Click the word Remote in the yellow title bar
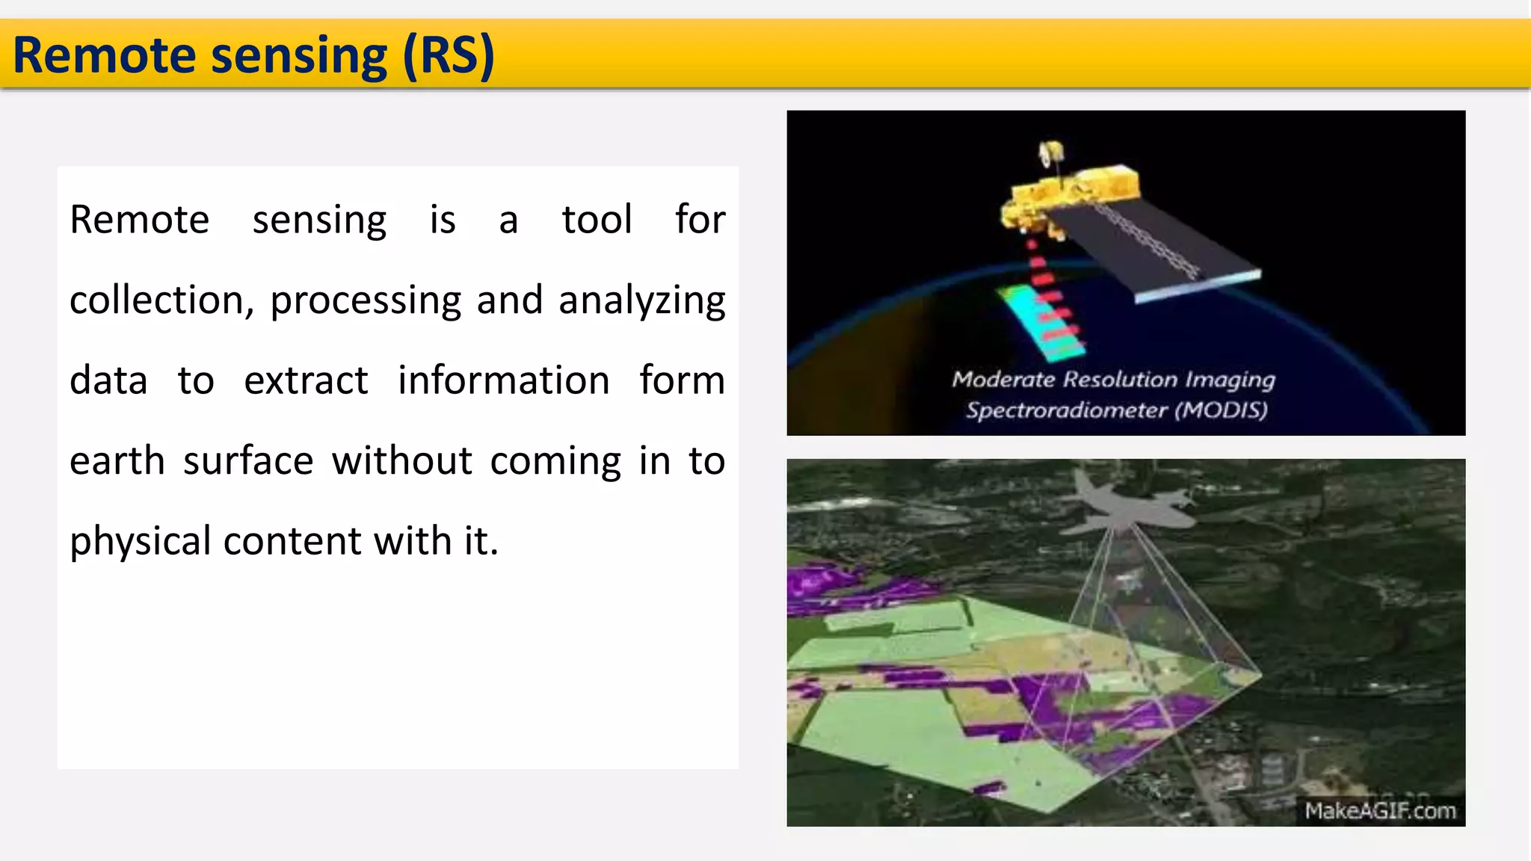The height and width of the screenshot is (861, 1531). (x=104, y=56)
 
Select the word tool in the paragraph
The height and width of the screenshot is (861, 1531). (x=597, y=220)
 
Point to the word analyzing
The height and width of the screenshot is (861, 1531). (x=641, y=300)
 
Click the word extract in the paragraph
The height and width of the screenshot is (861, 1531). (x=306, y=380)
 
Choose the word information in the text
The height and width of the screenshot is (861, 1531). (x=503, y=380)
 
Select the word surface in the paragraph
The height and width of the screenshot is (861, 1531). (x=248, y=461)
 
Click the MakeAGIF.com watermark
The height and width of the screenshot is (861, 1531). (x=1380, y=811)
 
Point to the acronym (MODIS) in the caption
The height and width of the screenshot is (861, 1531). (x=1221, y=410)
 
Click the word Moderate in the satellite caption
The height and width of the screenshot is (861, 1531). (x=1002, y=380)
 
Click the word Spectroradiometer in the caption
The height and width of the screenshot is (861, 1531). (x=1066, y=410)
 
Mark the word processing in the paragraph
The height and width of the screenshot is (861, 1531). (x=366, y=300)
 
